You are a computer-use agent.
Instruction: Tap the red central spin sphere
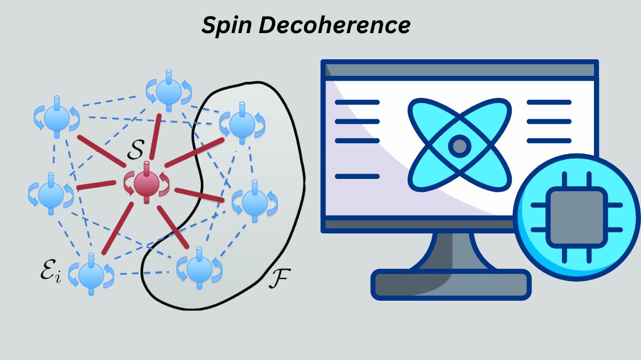pyautogui.click(x=145, y=184)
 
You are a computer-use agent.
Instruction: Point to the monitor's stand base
pyautogui.click(x=451, y=284)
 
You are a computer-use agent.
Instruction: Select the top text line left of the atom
pyautogui.click(x=357, y=102)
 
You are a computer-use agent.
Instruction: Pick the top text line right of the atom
pyautogui.click(x=549, y=102)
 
